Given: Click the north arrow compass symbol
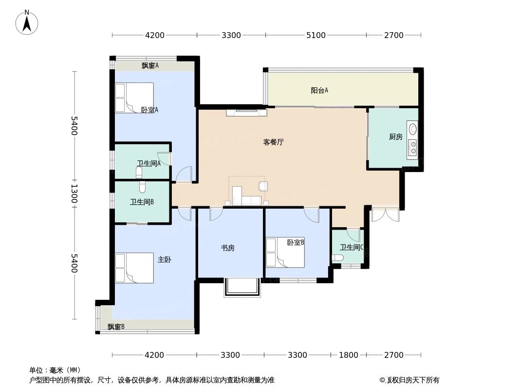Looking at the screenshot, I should pyautogui.click(x=27, y=22).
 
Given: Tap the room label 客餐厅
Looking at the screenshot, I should pyautogui.click(x=273, y=142).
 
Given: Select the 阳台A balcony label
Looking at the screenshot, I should pyautogui.click(x=319, y=90).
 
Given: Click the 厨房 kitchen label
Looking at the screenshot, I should pyautogui.click(x=395, y=137).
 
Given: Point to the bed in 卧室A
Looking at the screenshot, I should pyautogui.click(x=134, y=97).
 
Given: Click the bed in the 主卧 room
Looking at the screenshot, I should pyautogui.click(x=134, y=268).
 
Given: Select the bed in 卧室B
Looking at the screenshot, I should pyautogui.click(x=285, y=253).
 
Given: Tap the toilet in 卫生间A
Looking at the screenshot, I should pyautogui.click(x=139, y=172).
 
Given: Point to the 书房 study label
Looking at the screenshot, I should pyautogui.click(x=228, y=248).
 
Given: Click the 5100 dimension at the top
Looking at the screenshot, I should pyautogui.click(x=315, y=35).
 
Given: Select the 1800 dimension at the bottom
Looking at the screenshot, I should pyautogui.click(x=348, y=355).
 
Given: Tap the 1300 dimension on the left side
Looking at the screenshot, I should pyautogui.click(x=74, y=194).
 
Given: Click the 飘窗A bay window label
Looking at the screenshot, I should pyautogui.click(x=150, y=65).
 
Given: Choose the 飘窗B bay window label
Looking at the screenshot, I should pyautogui.click(x=116, y=327).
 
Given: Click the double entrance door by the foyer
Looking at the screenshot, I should pyautogui.click(x=385, y=214).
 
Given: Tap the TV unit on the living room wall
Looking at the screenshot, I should pyautogui.click(x=246, y=113).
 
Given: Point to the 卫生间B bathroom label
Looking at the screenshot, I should pyautogui.click(x=142, y=202).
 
